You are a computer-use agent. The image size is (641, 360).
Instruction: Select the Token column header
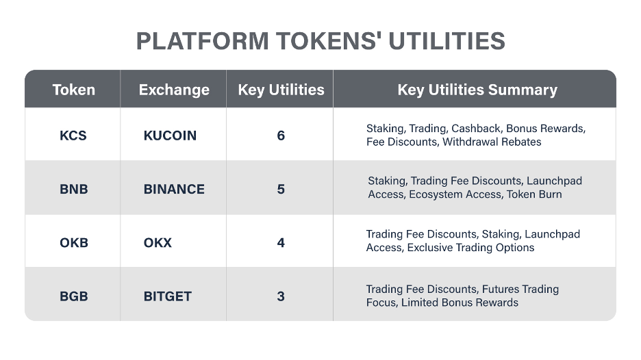pos(73,90)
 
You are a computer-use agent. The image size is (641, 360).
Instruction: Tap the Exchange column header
pos(174,90)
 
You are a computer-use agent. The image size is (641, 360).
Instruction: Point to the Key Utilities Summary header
pos(477,90)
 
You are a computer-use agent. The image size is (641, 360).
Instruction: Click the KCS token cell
pos(73,136)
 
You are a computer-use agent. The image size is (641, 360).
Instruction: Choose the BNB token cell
pos(73,189)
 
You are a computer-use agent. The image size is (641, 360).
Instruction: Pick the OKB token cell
pos(74,243)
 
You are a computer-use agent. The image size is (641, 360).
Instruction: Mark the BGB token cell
pos(73,296)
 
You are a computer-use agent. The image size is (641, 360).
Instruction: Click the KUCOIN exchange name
pos(170,136)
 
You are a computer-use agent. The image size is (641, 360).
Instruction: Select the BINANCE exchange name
pos(174,189)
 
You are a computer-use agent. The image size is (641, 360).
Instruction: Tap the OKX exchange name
pos(158,243)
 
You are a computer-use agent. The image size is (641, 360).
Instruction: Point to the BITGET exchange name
pos(168,296)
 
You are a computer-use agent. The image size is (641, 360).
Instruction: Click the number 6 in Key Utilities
pos(281,136)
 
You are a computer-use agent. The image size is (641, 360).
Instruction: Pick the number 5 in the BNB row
pos(281,189)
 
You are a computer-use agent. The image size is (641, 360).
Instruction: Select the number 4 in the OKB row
pos(281,243)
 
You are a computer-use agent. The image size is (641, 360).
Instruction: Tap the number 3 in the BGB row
pos(281,296)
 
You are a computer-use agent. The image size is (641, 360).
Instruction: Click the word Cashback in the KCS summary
pos(477,129)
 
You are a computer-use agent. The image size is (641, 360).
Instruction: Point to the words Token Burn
pos(534,194)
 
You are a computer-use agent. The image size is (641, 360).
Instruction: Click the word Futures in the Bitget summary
pos(499,290)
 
